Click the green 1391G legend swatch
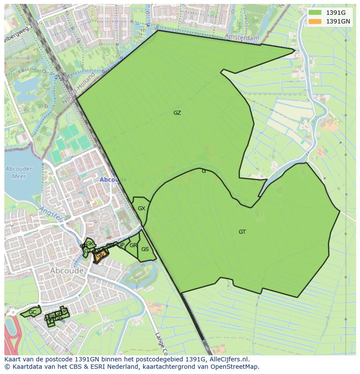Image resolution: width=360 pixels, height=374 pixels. pyautogui.click(x=315, y=13)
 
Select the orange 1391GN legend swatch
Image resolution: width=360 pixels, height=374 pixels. pyautogui.click(x=315, y=21)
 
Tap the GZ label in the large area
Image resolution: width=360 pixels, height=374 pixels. pyautogui.click(x=177, y=113)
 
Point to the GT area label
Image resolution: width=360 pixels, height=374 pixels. pyautogui.click(x=242, y=232)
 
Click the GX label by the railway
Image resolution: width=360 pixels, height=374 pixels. pyautogui.click(x=141, y=209)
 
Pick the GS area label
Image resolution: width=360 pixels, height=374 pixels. pyautogui.click(x=145, y=249)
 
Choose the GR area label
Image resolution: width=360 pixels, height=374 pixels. pyautogui.click(x=133, y=245)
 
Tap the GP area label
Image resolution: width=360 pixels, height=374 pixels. pyautogui.click(x=121, y=245)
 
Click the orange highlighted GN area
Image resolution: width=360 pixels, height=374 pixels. pyautogui.click(x=100, y=256)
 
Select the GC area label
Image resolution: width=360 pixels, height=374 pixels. pyautogui.click(x=33, y=312)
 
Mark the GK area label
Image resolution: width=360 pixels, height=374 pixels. pyautogui.click(x=90, y=244)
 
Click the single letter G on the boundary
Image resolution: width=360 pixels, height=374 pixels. pyautogui.click(x=203, y=171)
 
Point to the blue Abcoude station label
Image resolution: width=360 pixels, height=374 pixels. pyautogui.click(x=113, y=179)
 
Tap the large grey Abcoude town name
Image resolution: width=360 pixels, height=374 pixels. pyautogui.click(x=67, y=271)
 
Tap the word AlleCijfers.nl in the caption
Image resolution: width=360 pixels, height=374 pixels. pyautogui.click(x=229, y=359)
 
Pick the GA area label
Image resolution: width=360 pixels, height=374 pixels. pyautogui.click(x=64, y=311)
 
